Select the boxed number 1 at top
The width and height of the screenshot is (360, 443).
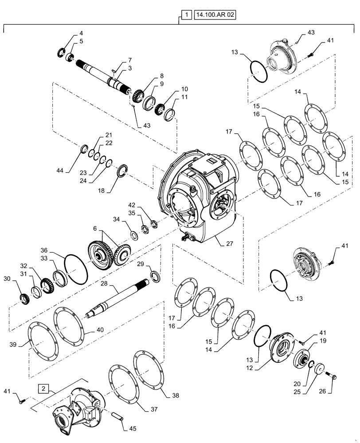click(187, 15)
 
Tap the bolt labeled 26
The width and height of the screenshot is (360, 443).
click(333, 378)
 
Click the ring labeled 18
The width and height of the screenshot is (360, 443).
click(123, 171)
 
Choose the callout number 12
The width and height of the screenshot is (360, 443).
click(250, 368)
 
